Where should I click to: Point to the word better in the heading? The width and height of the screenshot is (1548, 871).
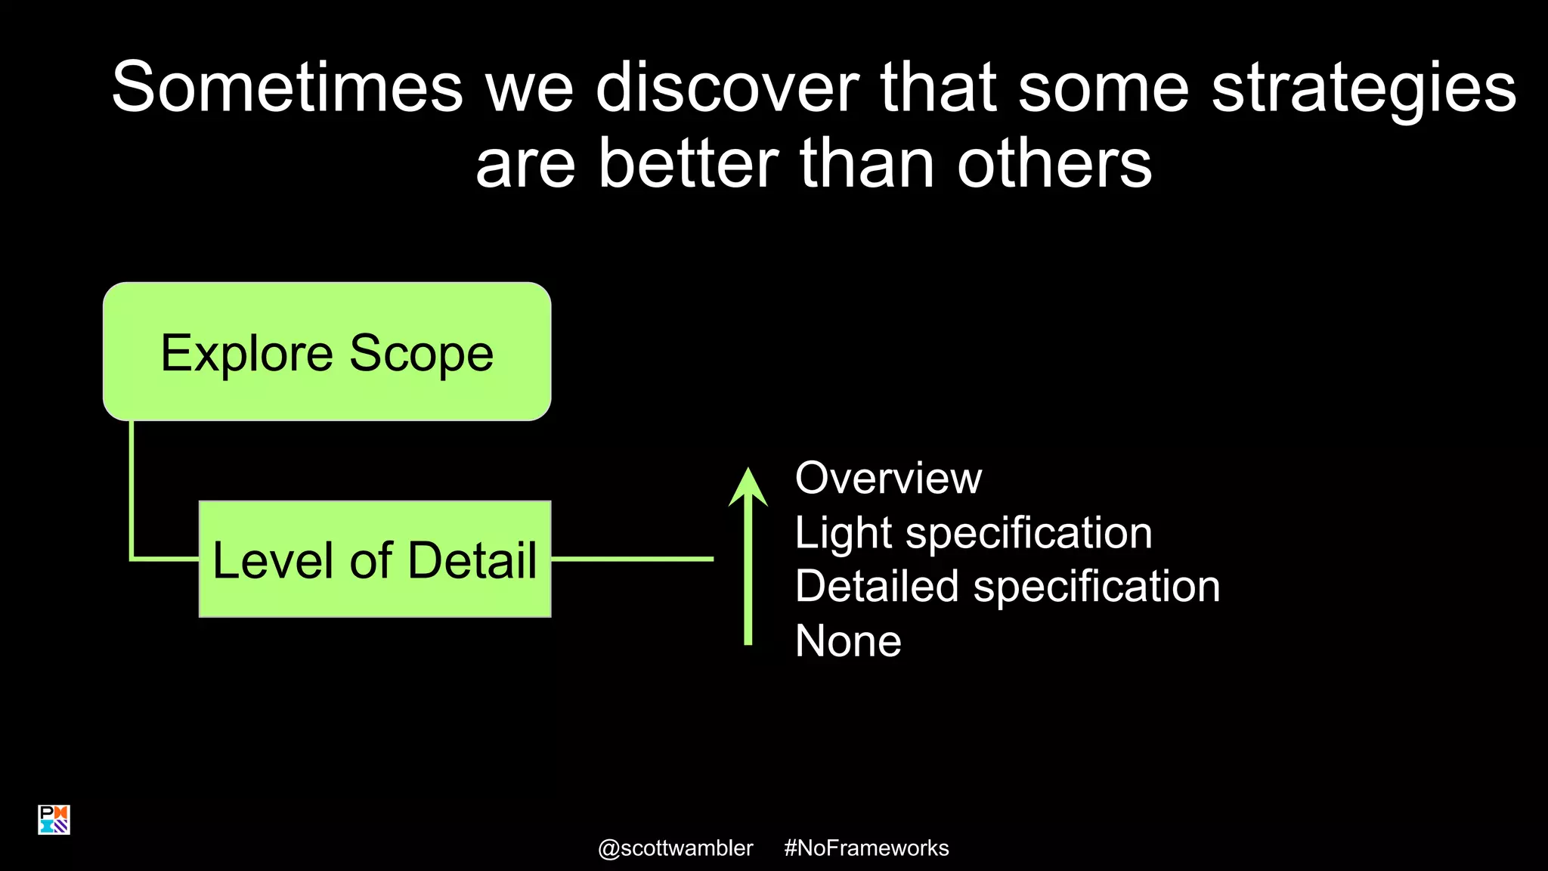[688, 163]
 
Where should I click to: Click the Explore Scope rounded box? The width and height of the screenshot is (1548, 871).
[327, 352]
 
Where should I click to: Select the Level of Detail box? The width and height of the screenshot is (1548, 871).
[374, 559]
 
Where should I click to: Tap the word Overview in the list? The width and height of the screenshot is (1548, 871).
[887, 478]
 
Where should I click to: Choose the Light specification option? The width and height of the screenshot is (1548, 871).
[973, 532]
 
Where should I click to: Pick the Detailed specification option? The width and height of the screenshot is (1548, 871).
[1007, 586]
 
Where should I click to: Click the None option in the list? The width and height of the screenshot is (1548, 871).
[847, 641]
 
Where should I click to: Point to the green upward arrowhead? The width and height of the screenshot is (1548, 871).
[748, 488]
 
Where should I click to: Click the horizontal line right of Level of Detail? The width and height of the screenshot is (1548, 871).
[632, 559]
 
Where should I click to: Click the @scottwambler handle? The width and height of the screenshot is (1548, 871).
[675, 848]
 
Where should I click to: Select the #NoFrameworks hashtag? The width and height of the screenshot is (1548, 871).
[866, 848]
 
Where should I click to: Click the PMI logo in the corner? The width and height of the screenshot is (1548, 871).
[54, 820]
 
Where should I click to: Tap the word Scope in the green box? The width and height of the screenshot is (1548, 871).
[421, 353]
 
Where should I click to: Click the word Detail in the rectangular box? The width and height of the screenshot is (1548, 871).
[472, 560]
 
